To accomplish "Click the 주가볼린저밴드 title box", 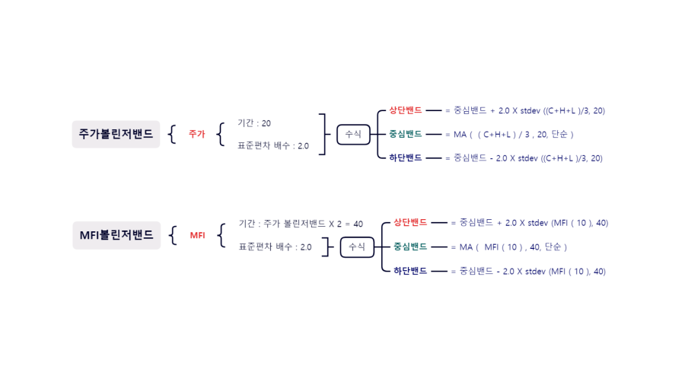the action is click(116, 134).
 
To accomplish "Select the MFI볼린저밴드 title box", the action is click(116, 235).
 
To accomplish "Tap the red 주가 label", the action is click(197, 134).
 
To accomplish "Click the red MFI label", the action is click(198, 235).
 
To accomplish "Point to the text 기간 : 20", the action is click(254, 123).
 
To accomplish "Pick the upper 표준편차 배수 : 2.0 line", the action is click(273, 146).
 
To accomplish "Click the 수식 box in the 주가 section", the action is click(353, 134).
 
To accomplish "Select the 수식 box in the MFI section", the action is click(356, 247).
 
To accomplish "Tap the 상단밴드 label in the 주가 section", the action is click(405, 110).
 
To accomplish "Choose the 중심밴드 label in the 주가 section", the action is click(405, 134).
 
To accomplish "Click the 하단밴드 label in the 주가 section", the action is click(405, 158).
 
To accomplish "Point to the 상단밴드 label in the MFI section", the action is click(410, 223).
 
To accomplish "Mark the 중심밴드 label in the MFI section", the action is click(410, 247).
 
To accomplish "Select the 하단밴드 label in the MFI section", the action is click(410, 271).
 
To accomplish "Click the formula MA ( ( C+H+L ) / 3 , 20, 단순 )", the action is click(514, 134).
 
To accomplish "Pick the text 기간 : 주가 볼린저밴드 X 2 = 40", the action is click(301, 224).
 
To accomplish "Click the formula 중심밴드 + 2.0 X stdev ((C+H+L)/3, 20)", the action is click(529, 110).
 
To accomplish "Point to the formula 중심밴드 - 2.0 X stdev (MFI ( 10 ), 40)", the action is click(532, 271).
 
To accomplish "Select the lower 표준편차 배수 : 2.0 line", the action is click(275, 247).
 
